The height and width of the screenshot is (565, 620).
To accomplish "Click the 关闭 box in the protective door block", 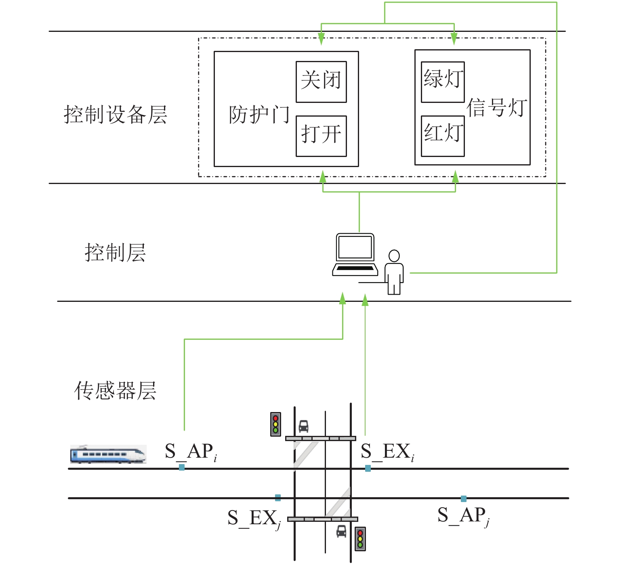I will point(321,82).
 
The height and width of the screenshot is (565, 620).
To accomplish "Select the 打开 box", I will point(321,136).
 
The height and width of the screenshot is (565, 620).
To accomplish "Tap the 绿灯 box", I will point(443,82).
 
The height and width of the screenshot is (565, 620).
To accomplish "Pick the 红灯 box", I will point(443,136).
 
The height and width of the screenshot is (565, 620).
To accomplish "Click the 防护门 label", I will point(259,115).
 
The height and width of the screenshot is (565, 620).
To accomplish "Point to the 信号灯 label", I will point(497,108).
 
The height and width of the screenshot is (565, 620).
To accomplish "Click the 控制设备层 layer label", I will point(116,115).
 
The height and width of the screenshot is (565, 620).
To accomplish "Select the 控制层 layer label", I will point(116,253).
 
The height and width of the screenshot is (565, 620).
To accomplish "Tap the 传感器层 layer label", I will point(116,391).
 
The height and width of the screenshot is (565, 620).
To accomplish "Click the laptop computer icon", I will point(355,255).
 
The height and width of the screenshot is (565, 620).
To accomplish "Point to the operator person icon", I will point(394,272).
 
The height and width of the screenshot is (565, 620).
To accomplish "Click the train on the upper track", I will point(108,454).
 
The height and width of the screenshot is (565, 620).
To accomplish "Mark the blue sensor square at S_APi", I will point(182,467).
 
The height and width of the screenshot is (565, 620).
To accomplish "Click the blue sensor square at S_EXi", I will point(368,468).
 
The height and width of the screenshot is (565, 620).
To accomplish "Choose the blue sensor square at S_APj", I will point(464,499).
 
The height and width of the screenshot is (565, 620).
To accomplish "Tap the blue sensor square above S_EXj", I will point(278,498).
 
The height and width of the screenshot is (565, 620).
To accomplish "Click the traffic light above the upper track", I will point(275,424).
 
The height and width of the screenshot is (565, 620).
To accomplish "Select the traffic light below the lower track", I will point(360,538).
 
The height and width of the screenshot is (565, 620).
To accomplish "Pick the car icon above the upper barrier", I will point(303,426).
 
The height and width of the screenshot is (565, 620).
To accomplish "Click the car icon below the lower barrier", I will point(341,531).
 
